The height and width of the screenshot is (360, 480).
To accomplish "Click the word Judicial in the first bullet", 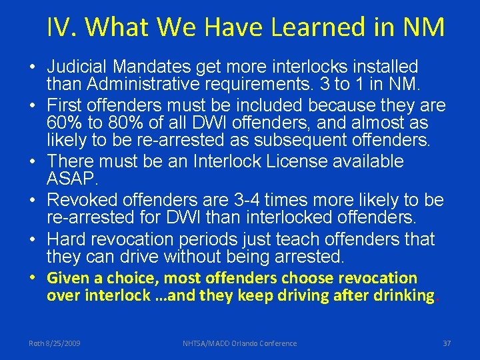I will pyautogui.click(x=77, y=67).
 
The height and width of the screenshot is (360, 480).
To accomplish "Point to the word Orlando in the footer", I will pyautogui.click(x=243, y=343).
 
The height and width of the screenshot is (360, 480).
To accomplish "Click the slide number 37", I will pyautogui.click(x=447, y=343).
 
